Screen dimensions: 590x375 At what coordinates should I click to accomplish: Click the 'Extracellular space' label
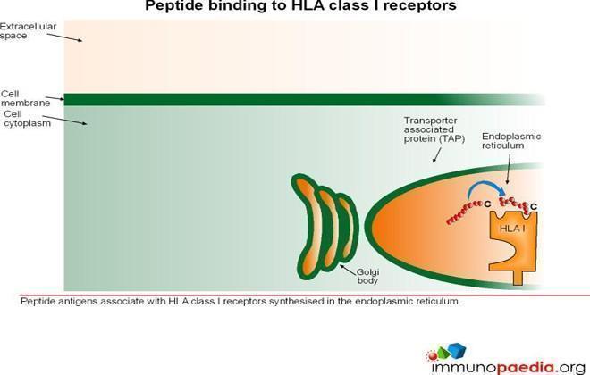pos(29,31)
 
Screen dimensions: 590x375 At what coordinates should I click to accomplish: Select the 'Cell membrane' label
pos(25,98)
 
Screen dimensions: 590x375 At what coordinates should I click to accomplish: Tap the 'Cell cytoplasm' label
pos(27,119)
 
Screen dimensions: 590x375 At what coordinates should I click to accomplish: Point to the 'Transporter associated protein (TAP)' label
pos(434,129)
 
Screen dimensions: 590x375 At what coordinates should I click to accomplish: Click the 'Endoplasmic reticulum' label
pos(511,141)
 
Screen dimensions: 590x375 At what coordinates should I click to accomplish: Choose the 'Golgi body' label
pos(367,276)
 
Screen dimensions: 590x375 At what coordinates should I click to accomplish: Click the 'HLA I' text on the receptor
pos(512,228)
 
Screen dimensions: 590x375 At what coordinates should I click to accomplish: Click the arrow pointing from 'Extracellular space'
pos(64,37)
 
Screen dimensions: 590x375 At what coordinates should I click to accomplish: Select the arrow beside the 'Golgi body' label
pos(348,269)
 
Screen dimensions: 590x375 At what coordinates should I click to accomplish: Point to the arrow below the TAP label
pos(437,154)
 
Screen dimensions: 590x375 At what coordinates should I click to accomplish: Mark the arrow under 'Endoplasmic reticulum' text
pos(509,169)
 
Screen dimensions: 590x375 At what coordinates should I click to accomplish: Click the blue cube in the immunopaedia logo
pos(457,350)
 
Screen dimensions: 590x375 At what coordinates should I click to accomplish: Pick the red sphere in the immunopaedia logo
pos(433,355)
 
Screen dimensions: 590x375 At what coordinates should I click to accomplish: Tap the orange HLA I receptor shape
pos(514,245)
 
